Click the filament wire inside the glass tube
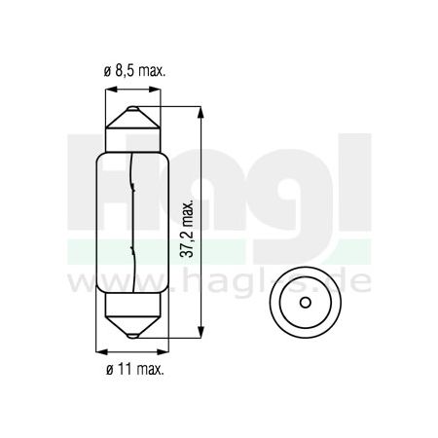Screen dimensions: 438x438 131,224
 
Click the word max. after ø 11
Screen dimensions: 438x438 148,370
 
